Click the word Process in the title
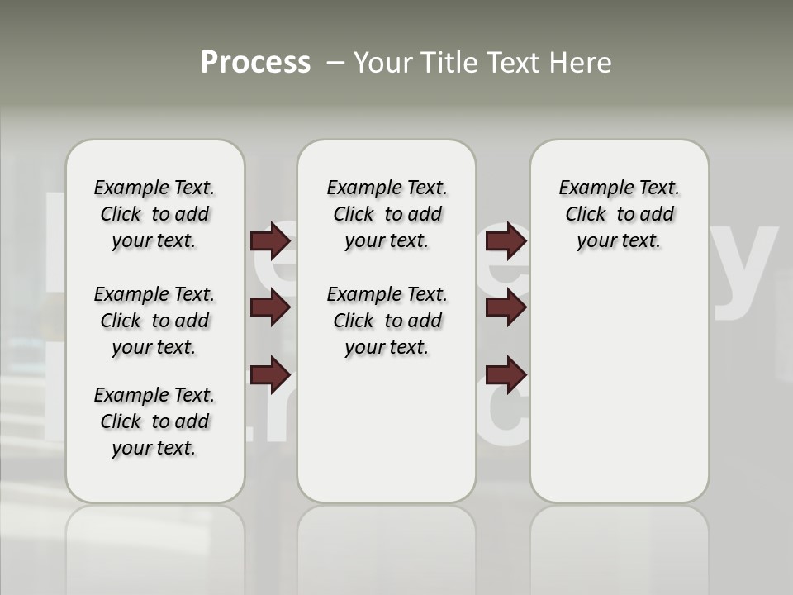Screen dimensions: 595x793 point(255,63)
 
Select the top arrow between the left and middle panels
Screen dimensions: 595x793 point(270,241)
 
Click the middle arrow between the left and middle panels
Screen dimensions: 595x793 point(270,308)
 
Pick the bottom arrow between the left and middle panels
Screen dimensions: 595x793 point(270,375)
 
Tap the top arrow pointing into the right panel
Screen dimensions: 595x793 point(506,241)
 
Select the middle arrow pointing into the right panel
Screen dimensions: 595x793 point(506,308)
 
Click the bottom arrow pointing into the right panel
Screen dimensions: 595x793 point(506,375)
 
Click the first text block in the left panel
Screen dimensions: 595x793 point(154,214)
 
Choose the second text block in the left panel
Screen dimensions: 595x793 point(154,321)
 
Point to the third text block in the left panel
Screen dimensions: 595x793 point(154,421)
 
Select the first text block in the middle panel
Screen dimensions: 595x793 point(387,214)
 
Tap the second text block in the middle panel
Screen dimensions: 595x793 point(387,321)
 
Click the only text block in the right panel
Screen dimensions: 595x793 point(619,214)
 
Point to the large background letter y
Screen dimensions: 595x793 point(744,273)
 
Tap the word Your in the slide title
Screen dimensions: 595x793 point(383,63)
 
